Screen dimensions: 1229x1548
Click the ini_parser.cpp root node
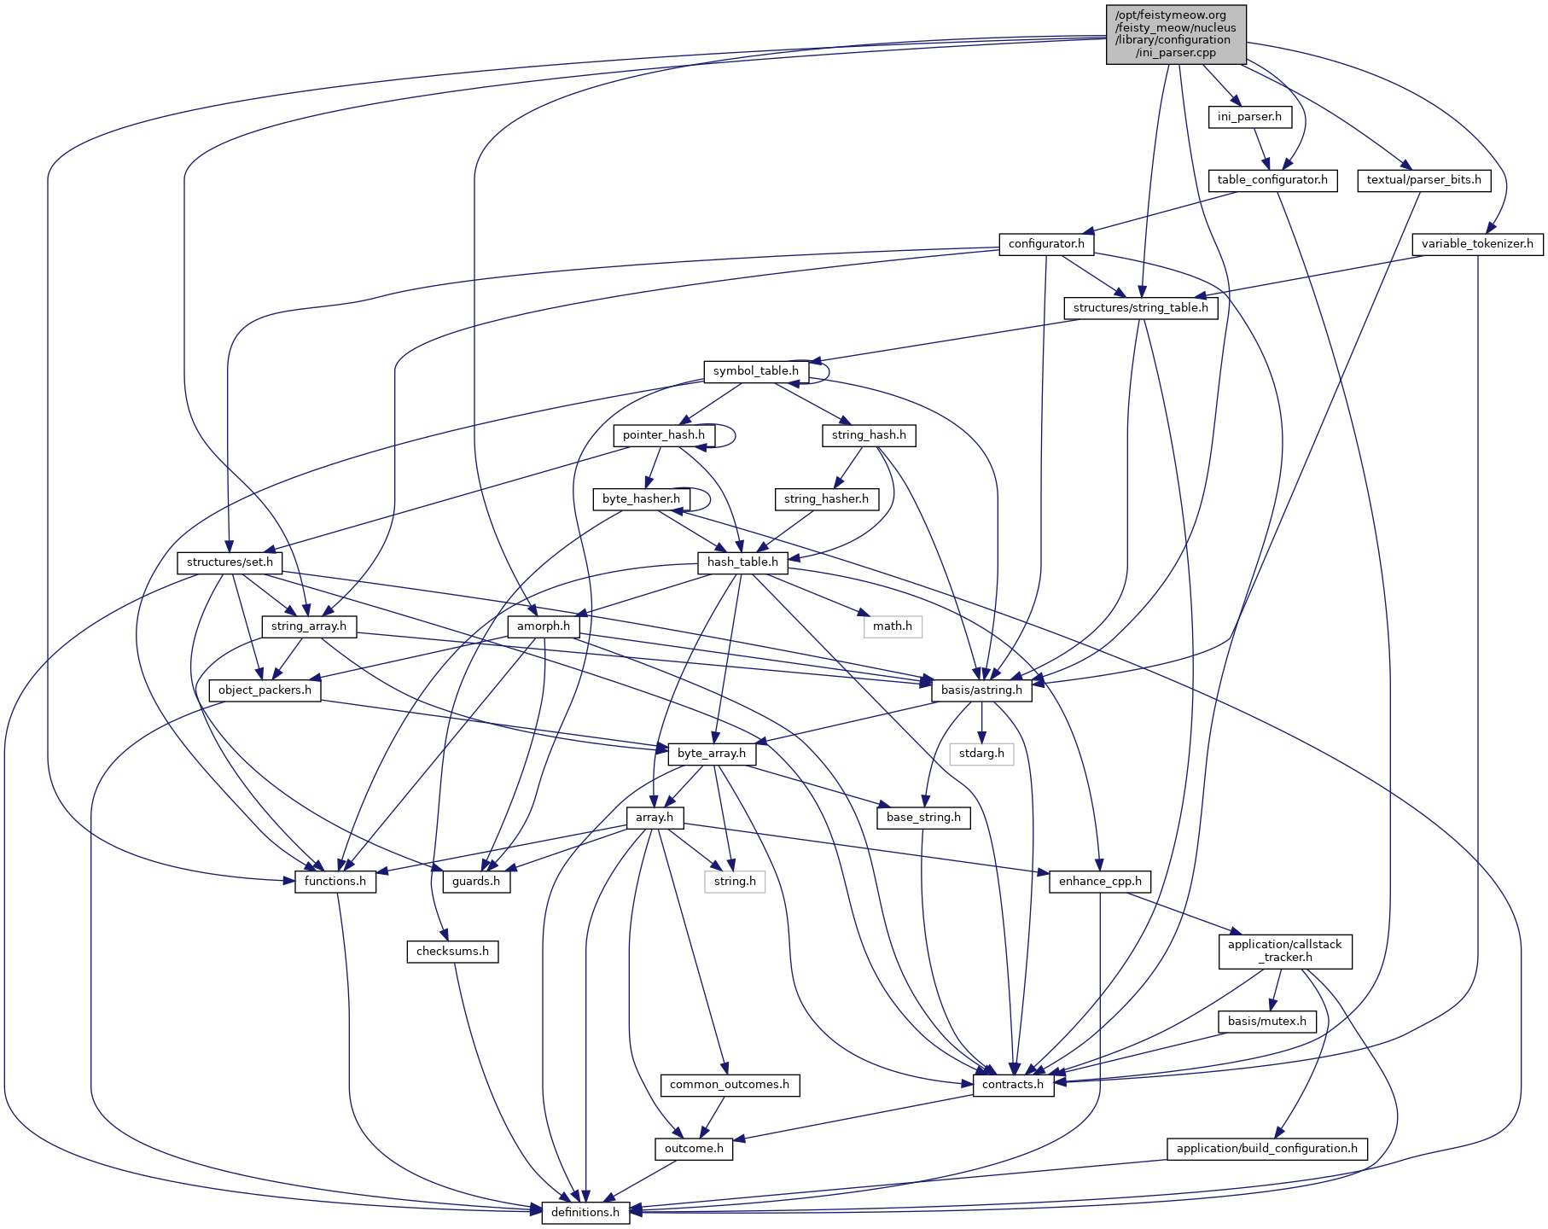coord(1176,34)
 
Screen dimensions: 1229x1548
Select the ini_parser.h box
coord(1249,117)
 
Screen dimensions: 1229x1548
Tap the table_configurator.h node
coord(1272,180)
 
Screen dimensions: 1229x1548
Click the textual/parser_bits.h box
coord(1423,180)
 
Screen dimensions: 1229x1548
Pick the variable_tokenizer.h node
coord(1477,244)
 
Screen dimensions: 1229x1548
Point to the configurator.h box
coord(1046,244)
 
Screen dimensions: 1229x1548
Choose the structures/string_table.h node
coord(1140,308)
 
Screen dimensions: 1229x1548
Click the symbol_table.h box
coord(756,371)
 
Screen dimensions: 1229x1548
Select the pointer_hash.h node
coord(664,435)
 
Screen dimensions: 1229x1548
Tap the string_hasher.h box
coord(826,499)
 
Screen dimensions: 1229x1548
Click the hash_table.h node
coord(742,562)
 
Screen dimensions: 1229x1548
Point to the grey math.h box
coord(893,626)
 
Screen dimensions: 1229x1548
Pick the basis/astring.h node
coord(981,690)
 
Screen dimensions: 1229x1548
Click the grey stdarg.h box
coord(981,754)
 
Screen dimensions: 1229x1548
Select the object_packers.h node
coord(265,690)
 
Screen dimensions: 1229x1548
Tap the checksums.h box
coord(452,952)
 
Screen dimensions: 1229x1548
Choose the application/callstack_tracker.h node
coord(1285,951)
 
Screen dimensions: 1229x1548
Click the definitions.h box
coord(585,1213)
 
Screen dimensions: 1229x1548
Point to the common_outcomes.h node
coord(730,1085)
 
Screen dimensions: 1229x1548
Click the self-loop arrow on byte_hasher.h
coord(709,499)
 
